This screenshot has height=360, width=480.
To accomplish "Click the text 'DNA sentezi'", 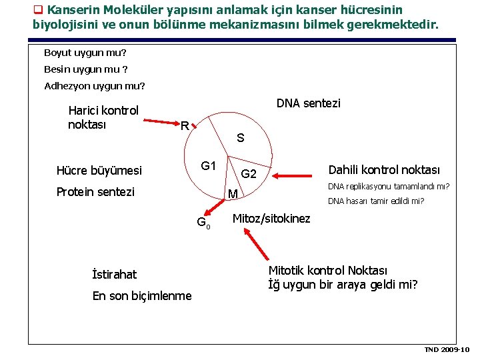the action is click(308, 103).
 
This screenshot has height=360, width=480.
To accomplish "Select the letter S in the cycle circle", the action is click(240, 139).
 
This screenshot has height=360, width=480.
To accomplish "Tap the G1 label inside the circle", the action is click(209, 165).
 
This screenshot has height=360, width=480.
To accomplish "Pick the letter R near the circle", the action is click(185, 125).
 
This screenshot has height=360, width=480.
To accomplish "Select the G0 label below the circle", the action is click(203, 223).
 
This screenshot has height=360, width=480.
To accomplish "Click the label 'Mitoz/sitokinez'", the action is click(271, 219).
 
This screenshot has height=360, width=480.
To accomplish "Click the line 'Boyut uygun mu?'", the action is click(85, 52).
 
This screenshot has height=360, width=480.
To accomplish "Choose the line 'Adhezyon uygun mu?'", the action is click(94, 85).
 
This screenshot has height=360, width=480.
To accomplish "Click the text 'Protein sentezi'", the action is click(95, 192).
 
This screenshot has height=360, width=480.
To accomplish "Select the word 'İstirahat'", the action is click(114, 274).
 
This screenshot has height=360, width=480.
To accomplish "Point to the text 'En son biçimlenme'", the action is click(142, 296).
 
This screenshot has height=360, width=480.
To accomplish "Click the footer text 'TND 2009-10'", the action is click(447, 349).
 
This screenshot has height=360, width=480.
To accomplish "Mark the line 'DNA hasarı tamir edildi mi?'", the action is click(376, 201).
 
